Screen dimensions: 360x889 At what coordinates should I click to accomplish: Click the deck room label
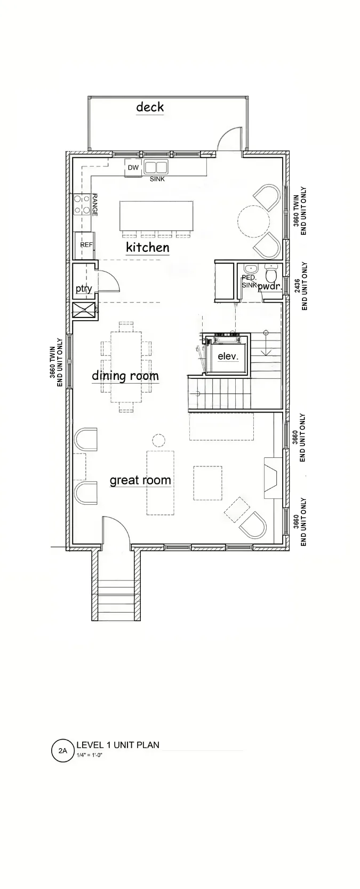(150, 107)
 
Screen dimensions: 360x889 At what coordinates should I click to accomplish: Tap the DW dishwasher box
(133, 168)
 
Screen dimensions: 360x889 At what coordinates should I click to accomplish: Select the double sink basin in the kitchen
(156, 166)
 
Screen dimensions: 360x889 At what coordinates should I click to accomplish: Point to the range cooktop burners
(82, 204)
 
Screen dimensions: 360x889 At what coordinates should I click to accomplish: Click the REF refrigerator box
(84, 245)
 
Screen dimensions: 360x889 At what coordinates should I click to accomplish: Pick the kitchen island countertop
(157, 216)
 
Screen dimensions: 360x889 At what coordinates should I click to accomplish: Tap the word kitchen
(148, 247)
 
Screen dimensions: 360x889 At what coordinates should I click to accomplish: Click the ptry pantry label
(84, 289)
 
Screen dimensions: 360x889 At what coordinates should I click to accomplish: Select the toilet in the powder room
(271, 273)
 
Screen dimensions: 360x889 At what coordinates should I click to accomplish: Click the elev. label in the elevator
(228, 356)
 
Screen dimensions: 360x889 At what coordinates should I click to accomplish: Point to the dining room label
(125, 376)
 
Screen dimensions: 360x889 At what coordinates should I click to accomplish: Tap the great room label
(140, 480)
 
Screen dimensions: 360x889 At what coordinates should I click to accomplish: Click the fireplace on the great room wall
(273, 478)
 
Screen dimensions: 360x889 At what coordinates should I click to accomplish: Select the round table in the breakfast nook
(254, 221)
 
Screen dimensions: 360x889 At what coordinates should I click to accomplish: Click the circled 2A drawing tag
(63, 750)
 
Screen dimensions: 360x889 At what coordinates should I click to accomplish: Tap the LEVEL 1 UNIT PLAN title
(118, 744)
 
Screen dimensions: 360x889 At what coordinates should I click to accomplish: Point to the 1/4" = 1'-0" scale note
(90, 755)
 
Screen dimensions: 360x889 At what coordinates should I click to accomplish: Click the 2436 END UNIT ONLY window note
(301, 286)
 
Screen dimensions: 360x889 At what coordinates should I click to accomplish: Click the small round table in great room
(158, 441)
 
